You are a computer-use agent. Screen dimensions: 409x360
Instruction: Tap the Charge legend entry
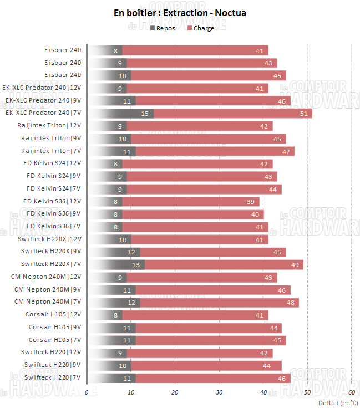pyautogui.click(x=200, y=28)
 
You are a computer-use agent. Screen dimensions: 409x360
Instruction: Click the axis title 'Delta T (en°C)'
pyautogui.click(x=338, y=402)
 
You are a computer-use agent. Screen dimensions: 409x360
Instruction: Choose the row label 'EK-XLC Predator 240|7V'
pyautogui.click(x=43, y=113)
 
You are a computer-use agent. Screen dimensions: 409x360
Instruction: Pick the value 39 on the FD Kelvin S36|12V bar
pyautogui.click(x=250, y=202)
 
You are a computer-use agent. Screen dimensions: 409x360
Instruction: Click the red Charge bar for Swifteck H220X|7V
pyautogui.click(x=222, y=265)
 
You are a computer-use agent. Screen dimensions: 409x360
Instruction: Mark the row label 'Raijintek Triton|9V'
pyautogui.click(x=51, y=138)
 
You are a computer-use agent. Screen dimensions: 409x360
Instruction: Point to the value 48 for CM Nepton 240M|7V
pyautogui.click(x=290, y=303)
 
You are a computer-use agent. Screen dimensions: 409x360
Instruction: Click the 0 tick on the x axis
pyautogui.click(x=87, y=392)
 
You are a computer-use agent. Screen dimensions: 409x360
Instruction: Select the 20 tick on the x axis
pyautogui.click(x=175, y=392)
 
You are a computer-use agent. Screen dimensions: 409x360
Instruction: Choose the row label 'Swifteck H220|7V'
pyautogui.click(x=51, y=377)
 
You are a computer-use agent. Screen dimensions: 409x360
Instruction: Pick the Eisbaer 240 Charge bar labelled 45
pyautogui.click(x=205, y=75)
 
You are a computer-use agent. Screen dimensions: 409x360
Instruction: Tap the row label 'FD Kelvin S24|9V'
pyautogui.click(x=54, y=176)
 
